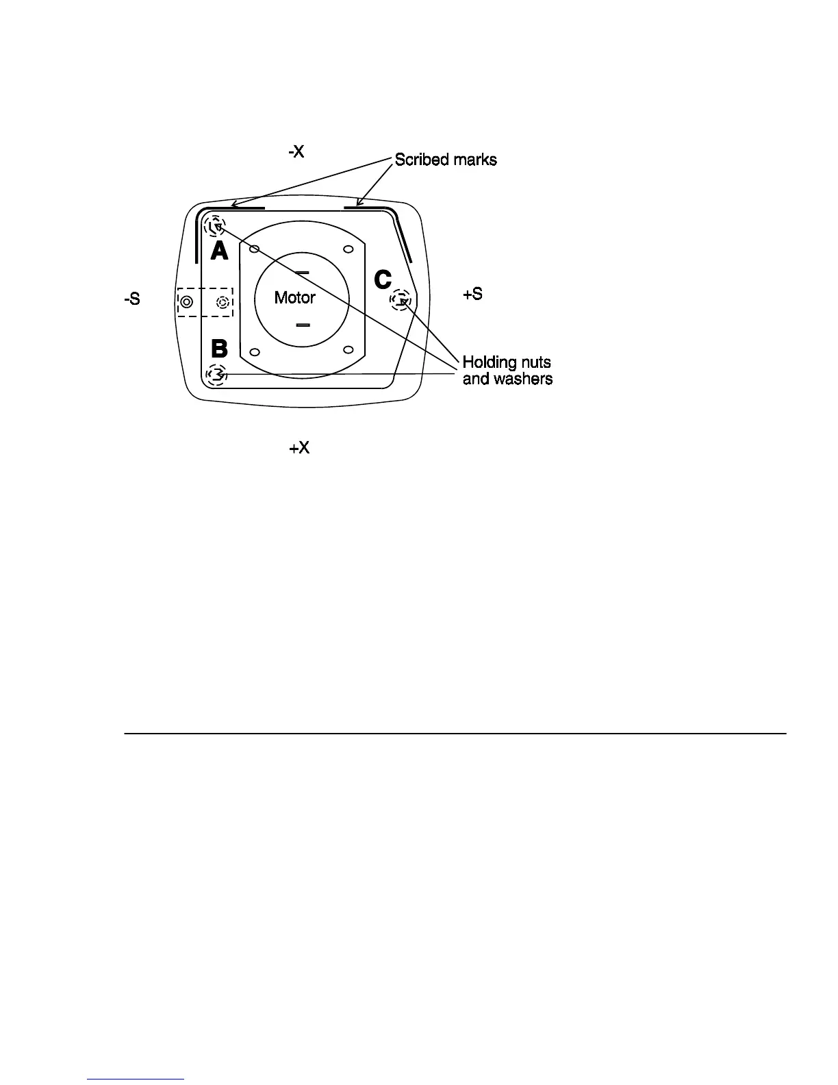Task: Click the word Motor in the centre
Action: (x=294, y=297)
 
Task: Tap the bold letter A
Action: (x=219, y=251)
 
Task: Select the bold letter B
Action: (x=219, y=349)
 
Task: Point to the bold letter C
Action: (x=382, y=279)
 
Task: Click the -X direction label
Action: (x=296, y=151)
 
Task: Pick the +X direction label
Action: (x=299, y=448)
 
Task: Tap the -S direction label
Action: (x=132, y=299)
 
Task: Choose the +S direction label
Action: (x=472, y=294)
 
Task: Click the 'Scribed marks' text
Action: (x=446, y=160)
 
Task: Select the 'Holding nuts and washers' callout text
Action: (x=507, y=370)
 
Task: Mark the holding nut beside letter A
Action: (x=216, y=225)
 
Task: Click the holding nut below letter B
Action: (x=216, y=375)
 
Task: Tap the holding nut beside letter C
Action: (x=401, y=299)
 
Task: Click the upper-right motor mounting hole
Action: (x=348, y=249)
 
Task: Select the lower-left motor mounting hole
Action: (x=254, y=352)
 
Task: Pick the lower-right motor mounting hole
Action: (x=348, y=350)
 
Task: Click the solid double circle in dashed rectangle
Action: (x=187, y=301)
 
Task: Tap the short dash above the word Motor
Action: (x=302, y=272)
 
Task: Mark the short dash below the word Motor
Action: (x=303, y=325)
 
